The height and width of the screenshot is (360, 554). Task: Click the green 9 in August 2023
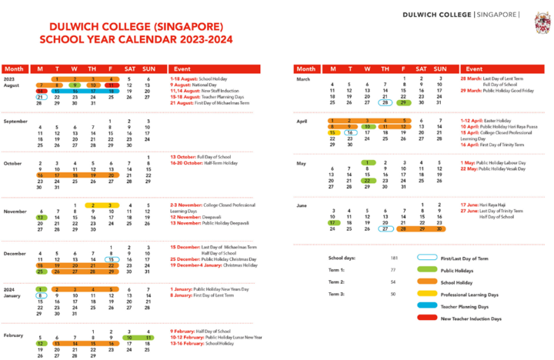coord(75,85)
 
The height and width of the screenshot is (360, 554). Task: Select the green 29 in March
coord(403,102)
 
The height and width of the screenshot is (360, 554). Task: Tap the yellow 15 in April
coord(332,132)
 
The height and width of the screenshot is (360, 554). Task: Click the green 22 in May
coord(368,180)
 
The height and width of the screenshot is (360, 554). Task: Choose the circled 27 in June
coord(385,228)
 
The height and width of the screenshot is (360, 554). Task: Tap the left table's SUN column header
coord(149,68)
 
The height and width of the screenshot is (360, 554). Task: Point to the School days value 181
coord(394,258)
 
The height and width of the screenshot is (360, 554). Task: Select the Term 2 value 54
coord(393,282)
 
